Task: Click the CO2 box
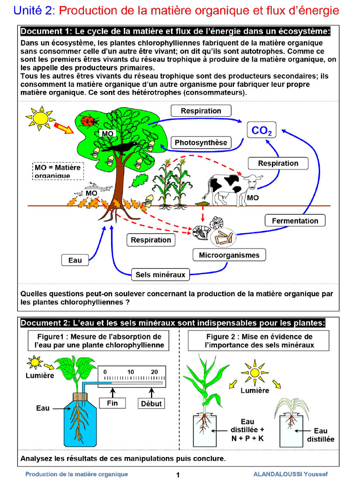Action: click(261, 130)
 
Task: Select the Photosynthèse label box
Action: click(201, 142)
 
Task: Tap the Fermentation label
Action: click(295, 221)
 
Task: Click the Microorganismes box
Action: click(229, 255)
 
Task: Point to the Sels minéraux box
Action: click(160, 275)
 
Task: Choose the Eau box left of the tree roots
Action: click(75, 260)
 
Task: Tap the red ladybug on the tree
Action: click(88, 121)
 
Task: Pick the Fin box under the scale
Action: click(112, 403)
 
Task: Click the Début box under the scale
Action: click(151, 404)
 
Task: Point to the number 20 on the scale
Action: click(154, 372)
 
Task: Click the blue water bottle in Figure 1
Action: click(81, 420)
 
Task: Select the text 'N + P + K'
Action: click(247, 439)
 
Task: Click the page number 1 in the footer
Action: click(178, 475)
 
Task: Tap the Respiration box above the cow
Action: click(278, 163)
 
